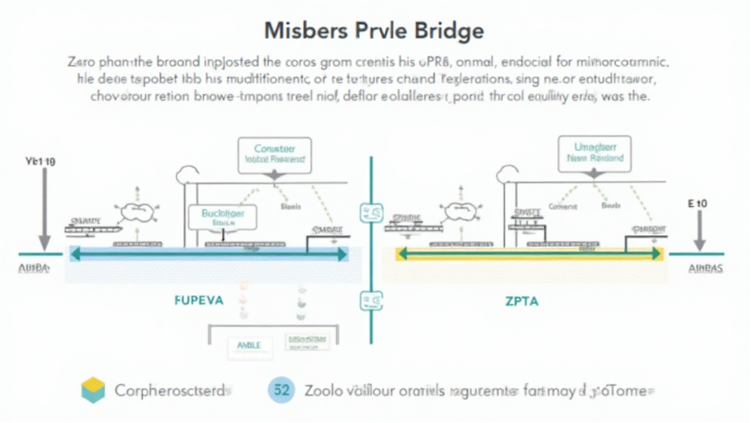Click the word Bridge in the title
point(446,31)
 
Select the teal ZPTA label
point(521,301)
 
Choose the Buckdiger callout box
point(221,217)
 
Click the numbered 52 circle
point(281,391)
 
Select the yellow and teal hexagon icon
point(93,391)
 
